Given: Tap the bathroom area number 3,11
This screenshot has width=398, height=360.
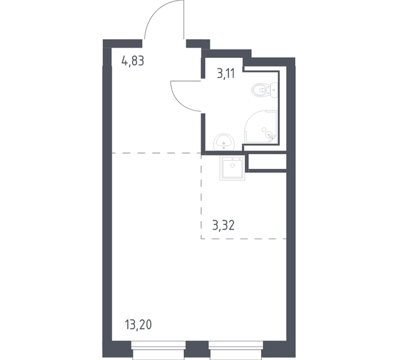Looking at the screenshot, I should click(x=225, y=74).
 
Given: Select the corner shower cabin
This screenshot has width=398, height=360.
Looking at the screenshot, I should click(x=263, y=126).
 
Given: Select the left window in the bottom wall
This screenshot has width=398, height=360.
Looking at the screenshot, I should click(x=157, y=353).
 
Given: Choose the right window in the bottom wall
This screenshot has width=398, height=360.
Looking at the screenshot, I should click(x=235, y=353).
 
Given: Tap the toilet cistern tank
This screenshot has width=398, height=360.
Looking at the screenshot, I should click(x=274, y=91).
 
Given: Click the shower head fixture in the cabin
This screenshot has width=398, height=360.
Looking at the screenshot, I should click(x=270, y=134).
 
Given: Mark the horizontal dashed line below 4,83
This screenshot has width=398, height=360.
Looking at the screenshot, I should click(x=154, y=153).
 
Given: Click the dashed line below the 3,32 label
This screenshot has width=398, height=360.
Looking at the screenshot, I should click(x=244, y=239).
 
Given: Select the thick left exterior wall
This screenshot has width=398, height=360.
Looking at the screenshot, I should click(x=107, y=193).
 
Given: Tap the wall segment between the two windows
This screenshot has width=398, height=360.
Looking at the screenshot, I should click(x=196, y=353).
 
